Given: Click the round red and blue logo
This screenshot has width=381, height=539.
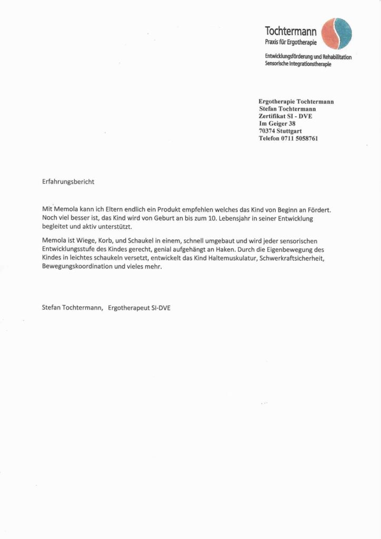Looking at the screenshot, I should pyautogui.click(x=337, y=34).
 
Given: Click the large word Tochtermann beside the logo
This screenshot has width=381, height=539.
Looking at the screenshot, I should pyautogui.click(x=291, y=32).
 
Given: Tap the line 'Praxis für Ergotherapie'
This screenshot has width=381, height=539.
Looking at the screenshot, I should pyautogui.click(x=290, y=42).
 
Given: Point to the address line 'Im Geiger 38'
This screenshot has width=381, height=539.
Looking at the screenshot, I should pyautogui.click(x=277, y=124).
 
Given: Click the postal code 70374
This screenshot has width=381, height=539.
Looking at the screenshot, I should pyautogui.click(x=268, y=131).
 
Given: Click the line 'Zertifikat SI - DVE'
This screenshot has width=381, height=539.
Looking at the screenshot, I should pyautogui.click(x=285, y=116).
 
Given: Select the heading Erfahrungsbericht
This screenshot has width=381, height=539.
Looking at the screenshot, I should pyautogui.click(x=68, y=182).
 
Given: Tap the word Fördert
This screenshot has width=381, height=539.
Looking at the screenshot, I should pyautogui.click(x=318, y=209).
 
